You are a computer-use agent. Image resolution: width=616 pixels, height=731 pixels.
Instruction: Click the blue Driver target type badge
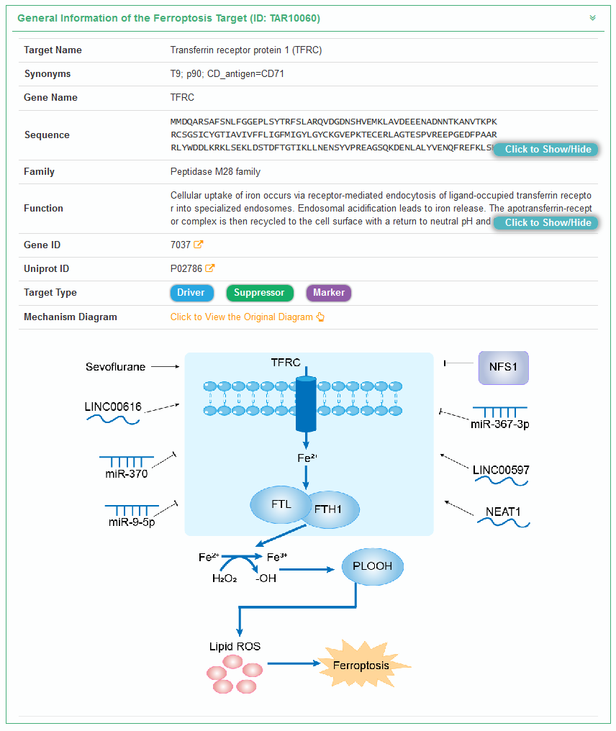pyautogui.click(x=191, y=293)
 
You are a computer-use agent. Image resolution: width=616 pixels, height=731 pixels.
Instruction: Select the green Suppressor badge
pyautogui.click(x=259, y=293)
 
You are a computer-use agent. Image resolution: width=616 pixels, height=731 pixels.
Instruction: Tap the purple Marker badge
pyautogui.click(x=329, y=293)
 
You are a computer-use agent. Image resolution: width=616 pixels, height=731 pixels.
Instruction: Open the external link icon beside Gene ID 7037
pyautogui.click(x=199, y=245)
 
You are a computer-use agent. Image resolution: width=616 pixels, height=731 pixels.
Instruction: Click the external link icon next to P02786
pyautogui.click(x=210, y=268)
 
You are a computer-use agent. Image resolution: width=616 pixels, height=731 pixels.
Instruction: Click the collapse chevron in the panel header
pyautogui.click(x=593, y=18)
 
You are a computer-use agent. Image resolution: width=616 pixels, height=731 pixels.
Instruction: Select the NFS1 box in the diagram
pyautogui.click(x=503, y=367)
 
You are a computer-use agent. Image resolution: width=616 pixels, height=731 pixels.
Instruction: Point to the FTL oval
pyautogui.click(x=281, y=504)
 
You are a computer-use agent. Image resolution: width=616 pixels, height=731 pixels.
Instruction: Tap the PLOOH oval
pyautogui.click(x=373, y=566)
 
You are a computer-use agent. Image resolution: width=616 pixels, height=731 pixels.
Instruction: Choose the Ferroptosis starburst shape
pyautogui.click(x=361, y=665)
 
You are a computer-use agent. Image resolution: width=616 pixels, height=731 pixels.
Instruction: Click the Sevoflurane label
pyautogui.click(x=115, y=367)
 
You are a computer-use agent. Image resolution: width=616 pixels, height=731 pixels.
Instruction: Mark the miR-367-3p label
pyautogui.click(x=500, y=424)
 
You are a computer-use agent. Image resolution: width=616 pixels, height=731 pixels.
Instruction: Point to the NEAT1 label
pyautogui.click(x=503, y=512)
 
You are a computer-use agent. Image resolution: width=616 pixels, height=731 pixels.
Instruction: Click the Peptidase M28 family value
pyautogui.click(x=215, y=172)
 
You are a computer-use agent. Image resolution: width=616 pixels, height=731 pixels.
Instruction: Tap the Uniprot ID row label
pyautogui.click(x=47, y=269)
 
